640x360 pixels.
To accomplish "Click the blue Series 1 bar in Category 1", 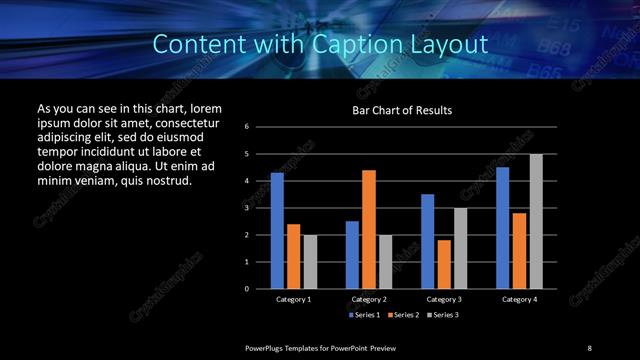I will [277, 231].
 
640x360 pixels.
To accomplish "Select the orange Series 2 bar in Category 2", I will [368, 229].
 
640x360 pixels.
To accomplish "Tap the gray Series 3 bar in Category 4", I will [535, 221].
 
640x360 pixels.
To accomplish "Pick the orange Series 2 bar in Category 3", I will [443, 264].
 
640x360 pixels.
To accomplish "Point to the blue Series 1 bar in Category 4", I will [502, 228].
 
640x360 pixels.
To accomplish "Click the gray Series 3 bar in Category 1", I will [310, 262].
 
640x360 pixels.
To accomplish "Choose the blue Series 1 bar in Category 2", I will [352, 255].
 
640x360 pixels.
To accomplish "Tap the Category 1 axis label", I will [294, 299].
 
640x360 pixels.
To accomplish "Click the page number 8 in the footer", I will [589, 347].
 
